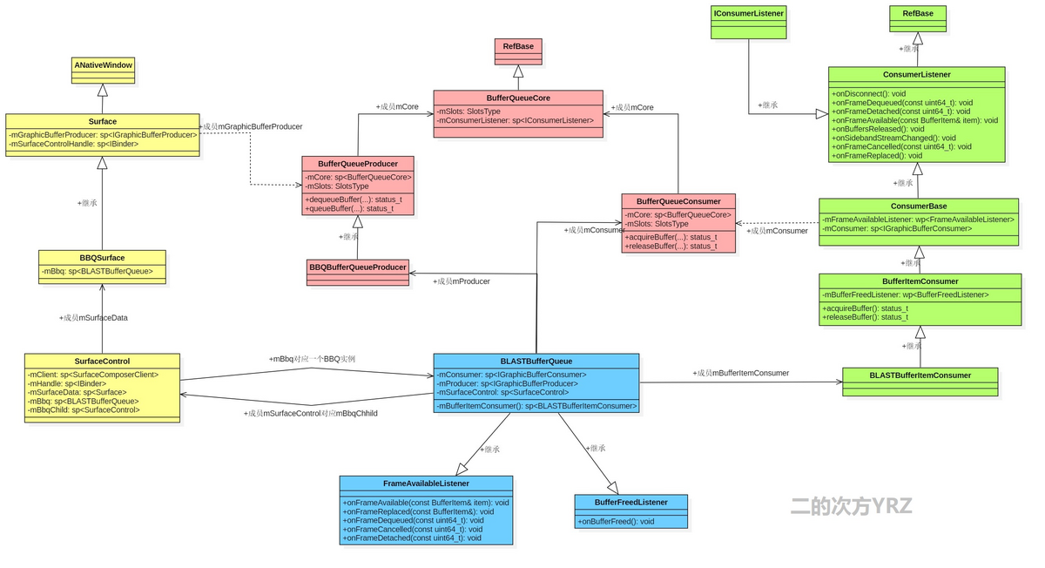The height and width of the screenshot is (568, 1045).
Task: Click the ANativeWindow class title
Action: tap(103, 65)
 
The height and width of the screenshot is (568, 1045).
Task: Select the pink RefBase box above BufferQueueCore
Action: tap(518, 46)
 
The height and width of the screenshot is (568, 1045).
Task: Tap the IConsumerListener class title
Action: tap(748, 13)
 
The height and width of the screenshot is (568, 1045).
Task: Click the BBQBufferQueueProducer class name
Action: tap(358, 267)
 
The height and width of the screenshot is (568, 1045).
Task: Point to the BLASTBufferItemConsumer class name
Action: tap(920, 375)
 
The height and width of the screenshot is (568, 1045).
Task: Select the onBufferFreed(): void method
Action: tap(617, 522)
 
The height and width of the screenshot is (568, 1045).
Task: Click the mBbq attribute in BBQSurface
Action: tap(98, 272)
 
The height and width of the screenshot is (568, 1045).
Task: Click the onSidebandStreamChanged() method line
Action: tap(893, 138)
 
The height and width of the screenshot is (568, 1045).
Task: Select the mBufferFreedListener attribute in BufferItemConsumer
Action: tap(906, 294)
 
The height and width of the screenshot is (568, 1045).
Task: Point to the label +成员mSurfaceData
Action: tap(93, 318)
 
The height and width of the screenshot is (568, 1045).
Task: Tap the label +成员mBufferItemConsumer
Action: tap(741, 373)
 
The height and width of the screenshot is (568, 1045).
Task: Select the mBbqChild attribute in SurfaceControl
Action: tap(84, 409)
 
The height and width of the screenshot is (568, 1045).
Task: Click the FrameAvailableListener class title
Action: tap(426, 483)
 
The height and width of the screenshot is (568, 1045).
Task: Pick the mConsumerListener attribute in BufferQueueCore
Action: tap(516, 120)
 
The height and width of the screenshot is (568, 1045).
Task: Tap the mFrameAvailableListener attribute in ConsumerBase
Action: tap(919, 220)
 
